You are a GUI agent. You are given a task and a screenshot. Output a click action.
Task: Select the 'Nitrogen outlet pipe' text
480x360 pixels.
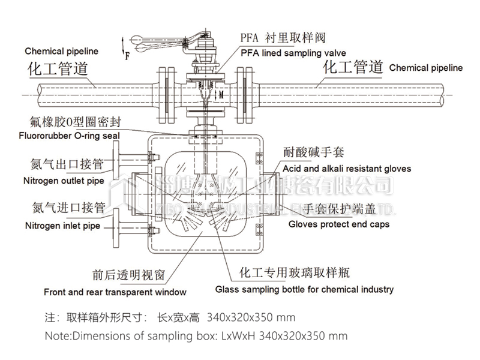coord(64,180)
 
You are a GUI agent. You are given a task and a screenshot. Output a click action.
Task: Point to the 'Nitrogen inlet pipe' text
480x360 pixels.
coord(62,226)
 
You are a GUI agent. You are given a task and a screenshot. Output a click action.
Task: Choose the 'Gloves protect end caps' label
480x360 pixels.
coord(338,224)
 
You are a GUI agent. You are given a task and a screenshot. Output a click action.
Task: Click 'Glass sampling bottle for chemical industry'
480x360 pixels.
coord(305,289)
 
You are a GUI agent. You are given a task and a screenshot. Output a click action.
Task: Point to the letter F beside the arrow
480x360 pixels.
coord(127,57)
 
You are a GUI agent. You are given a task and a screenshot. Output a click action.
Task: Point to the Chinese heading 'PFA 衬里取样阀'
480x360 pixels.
coord(283,37)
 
